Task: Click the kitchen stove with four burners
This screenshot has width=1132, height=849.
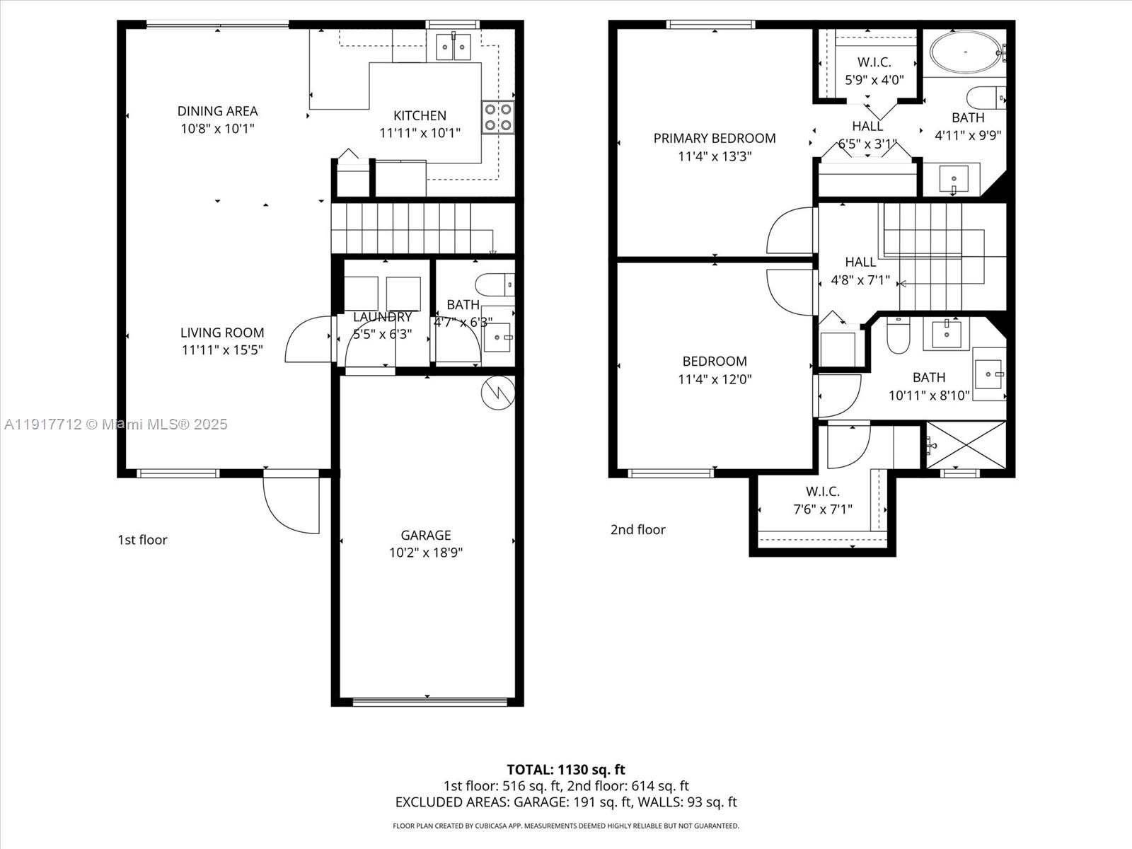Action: (x=497, y=117)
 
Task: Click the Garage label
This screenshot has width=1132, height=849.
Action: (x=426, y=535)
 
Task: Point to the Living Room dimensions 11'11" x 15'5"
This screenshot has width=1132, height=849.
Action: (x=222, y=350)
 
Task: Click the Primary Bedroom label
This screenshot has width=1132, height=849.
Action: (x=715, y=138)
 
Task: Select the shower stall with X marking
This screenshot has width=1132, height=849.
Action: (x=966, y=445)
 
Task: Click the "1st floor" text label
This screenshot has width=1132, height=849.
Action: (x=142, y=540)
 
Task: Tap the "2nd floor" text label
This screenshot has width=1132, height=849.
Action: (x=638, y=530)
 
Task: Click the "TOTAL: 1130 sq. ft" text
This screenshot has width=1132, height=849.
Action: (x=566, y=769)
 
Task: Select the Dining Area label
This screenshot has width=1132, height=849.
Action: (x=217, y=111)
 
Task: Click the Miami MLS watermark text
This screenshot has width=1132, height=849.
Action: (x=115, y=424)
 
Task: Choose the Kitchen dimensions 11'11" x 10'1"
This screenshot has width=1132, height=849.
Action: (x=420, y=133)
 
